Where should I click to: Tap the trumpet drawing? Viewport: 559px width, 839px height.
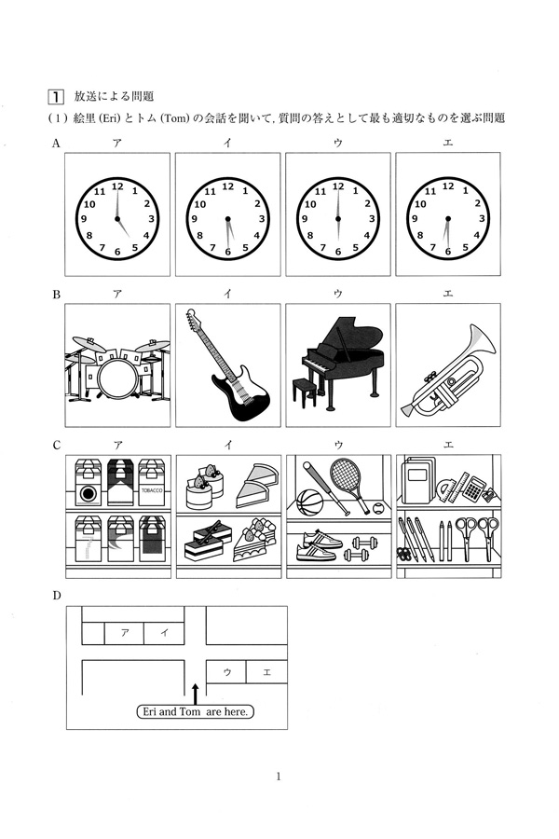tap(448, 371)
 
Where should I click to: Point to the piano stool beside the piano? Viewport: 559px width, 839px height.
tap(305, 392)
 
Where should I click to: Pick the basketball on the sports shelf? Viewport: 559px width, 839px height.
tap(309, 502)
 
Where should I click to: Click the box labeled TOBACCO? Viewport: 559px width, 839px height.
tap(152, 482)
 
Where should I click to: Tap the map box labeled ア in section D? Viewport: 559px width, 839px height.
tap(124, 633)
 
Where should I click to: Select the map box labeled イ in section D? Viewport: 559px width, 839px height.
tap(164, 633)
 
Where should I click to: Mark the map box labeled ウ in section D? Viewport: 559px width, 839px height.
tap(226, 671)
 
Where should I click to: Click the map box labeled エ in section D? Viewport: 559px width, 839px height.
tap(266, 671)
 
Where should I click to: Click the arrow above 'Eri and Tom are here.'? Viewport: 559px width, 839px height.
tap(195, 694)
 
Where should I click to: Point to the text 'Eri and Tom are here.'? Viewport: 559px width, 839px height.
tap(196, 711)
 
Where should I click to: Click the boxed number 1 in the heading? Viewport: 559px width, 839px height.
tap(56, 97)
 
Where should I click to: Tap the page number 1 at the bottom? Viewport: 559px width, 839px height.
tap(279, 777)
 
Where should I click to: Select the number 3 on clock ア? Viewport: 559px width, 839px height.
tap(151, 218)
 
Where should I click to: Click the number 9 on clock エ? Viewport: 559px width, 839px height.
tap(414, 218)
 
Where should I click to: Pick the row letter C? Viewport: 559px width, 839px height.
tap(56, 446)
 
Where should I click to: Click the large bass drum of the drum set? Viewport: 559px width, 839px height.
tap(118, 378)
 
